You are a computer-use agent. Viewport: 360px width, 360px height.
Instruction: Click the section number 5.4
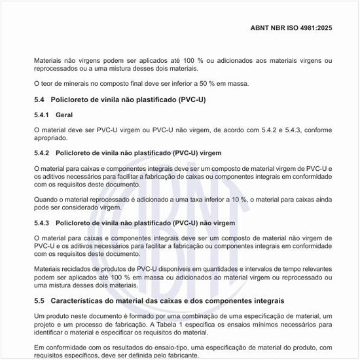tap(39, 100)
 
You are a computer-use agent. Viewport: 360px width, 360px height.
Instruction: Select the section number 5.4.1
tap(41, 115)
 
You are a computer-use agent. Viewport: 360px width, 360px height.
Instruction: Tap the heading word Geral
tap(64, 115)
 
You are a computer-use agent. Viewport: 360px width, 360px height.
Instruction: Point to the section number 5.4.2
tap(41, 153)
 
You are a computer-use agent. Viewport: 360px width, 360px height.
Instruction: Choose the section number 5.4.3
tap(41, 223)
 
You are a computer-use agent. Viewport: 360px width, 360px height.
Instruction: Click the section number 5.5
tap(39, 300)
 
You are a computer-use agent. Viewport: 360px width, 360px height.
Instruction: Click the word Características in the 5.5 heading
tap(81, 300)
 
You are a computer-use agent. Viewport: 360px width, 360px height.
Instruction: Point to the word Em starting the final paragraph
tap(38, 347)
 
